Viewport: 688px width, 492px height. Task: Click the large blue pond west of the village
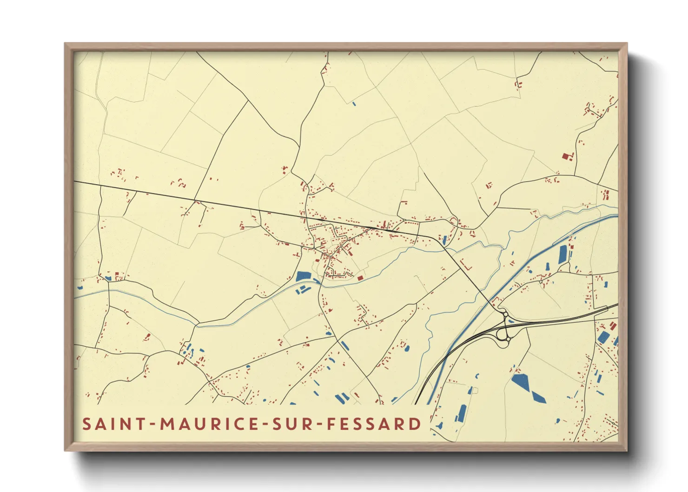click(x=303, y=276)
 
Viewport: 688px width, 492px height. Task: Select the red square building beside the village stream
click(x=360, y=278)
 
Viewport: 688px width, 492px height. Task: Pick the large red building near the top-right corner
click(x=566, y=156)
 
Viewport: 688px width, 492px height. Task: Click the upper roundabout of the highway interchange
click(x=505, y=315)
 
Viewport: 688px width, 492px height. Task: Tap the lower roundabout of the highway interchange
click(x=507, y=340)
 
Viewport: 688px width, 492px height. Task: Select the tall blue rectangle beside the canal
click(x=563, y=253)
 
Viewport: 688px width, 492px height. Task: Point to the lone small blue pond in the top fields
click(x=354, y=103)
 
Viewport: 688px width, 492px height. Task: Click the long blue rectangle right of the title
click(x=462, y=412)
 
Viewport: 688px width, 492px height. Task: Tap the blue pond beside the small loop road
click(x=444, y=240)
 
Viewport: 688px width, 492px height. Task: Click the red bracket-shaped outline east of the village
click(x=466, y=266)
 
